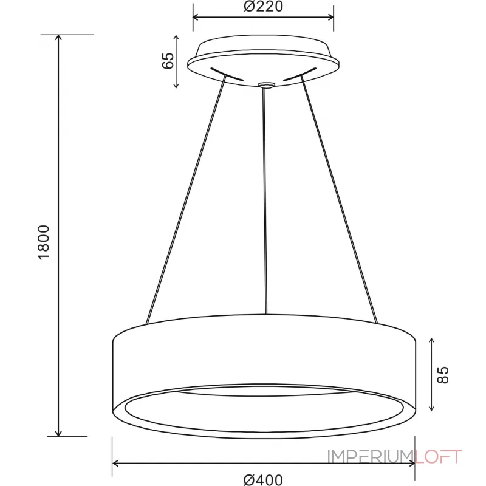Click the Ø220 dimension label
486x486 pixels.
[263, 8]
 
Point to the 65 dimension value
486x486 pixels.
[168, 61]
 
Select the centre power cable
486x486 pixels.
[264, 200]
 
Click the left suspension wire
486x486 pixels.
[185, 200]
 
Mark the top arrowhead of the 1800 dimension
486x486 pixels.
[59, 38]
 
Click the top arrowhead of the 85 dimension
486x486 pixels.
[432, 340]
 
